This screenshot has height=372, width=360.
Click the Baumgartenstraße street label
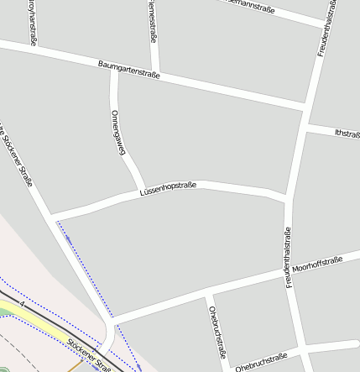click(128, 70)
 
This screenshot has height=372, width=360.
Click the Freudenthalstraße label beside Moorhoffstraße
click(288, 258)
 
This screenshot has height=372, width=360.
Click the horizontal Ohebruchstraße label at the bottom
click(261, 362)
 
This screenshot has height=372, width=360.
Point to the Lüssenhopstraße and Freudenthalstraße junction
click(288, 197)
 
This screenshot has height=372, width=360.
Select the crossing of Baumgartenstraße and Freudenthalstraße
click(305, 105)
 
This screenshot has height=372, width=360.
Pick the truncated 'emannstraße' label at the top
click(252, 4)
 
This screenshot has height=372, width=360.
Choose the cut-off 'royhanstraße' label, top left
click(33, 21)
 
